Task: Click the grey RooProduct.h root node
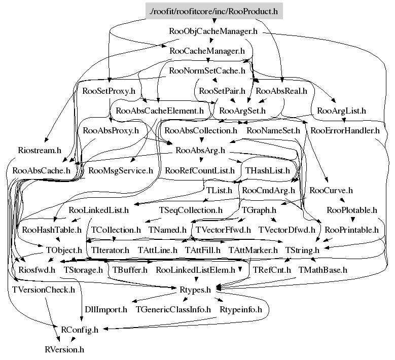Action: tap(213, 10)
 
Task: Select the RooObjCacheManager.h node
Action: tap(213, 31)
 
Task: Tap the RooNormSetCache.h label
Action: tap(207, 71)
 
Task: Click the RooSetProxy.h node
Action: tap(109, 91)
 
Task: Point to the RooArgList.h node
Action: tap(341, 110)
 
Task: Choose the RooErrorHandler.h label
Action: tap(345, 130)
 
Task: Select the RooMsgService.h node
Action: tap(121, 170)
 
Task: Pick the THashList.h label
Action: tap(267, 170)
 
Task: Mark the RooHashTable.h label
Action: tap(52, 230)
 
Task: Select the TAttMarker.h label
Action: tap(253, 250)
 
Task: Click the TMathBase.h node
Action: tap(322, 270)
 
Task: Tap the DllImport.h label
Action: tap(105, 309)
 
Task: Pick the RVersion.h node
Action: tap(64, 349)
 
